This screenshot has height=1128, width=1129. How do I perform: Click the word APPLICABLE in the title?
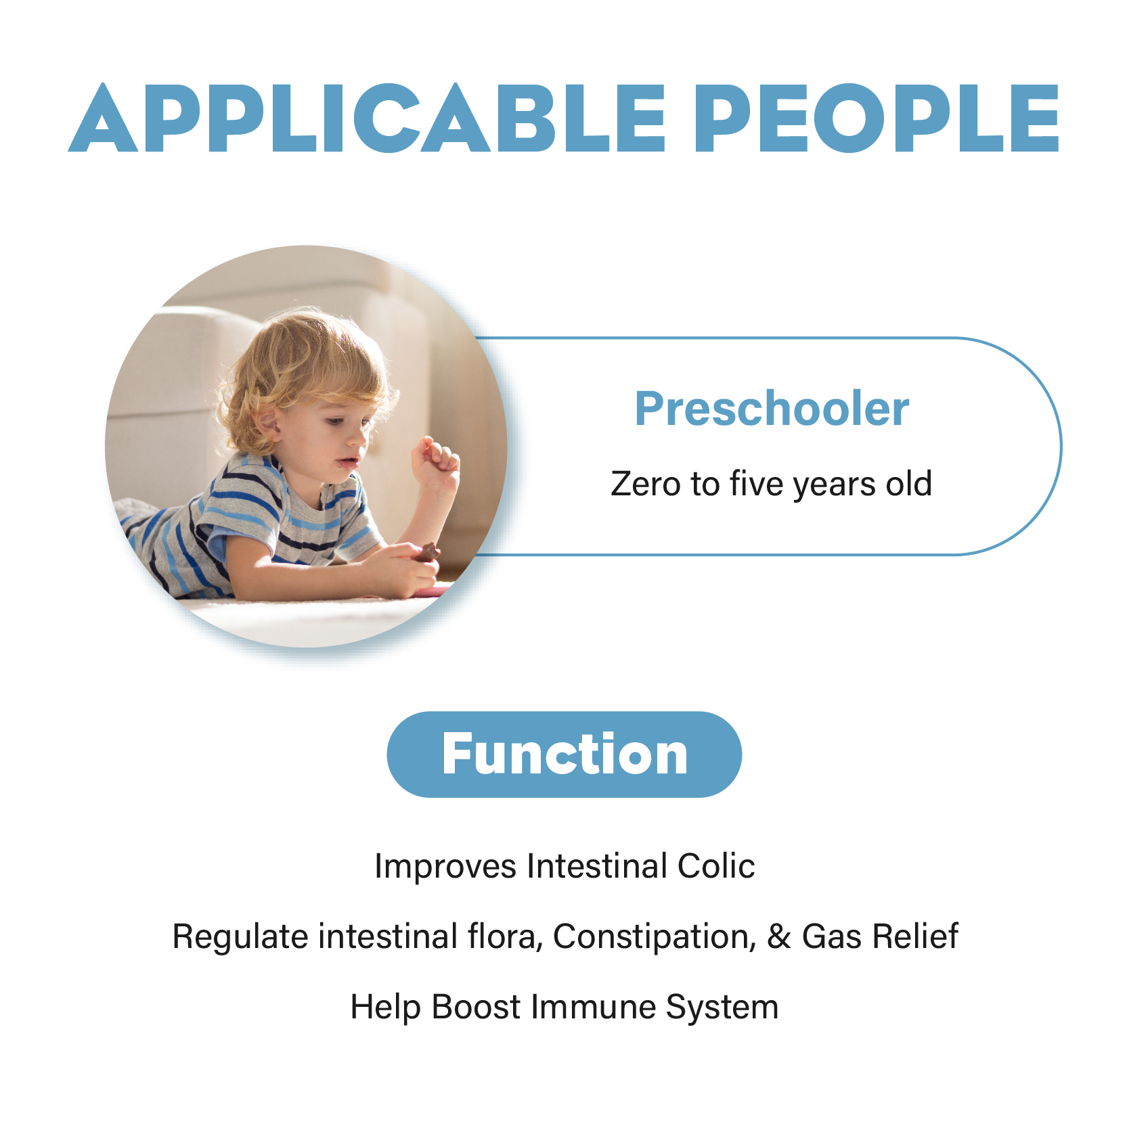tap(368, 118)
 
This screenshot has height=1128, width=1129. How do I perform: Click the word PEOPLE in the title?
tap(877, 118)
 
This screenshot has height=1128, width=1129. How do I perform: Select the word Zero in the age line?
tap(646, 484)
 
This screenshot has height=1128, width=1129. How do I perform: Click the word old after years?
tap(909, 483)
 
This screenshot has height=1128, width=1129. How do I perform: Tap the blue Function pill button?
tap(564, 754)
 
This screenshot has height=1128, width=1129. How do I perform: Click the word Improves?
tap(446, 867)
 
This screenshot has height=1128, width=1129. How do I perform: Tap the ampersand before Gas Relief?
tap(779, 937)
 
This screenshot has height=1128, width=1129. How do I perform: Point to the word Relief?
tap(915, 937)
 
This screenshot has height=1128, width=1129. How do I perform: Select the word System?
tap(722, 1008)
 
